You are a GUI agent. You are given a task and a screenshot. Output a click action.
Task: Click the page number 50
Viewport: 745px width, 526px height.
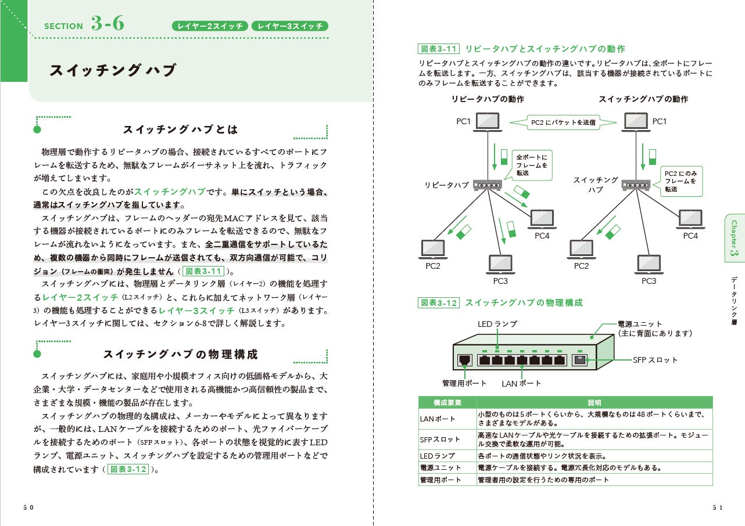click(x=28, y=507)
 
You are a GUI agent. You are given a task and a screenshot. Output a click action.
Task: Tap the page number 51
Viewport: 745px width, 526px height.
click(x=718, y=507)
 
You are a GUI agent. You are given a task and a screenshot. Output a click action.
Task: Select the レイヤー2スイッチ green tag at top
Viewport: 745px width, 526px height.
click(x=210, y=26)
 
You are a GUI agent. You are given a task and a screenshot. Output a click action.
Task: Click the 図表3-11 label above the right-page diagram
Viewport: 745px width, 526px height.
click(x=439, y=49)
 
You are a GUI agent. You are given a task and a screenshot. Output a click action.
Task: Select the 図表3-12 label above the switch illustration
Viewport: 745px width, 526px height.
click(x=439, y=302)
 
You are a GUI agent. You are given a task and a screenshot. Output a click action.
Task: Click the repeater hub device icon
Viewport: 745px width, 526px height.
click(x=487, y=185)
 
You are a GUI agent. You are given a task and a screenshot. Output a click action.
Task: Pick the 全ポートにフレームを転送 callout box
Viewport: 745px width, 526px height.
click(x=532, y=165)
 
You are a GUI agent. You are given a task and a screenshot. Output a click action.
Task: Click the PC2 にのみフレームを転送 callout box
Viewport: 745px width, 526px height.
click(x=680, y=181)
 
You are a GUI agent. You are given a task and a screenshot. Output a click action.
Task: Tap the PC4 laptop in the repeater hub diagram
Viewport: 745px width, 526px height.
click(x=542, y=219)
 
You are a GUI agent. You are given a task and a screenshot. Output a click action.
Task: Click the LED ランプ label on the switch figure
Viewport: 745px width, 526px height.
click(x=497, y=324)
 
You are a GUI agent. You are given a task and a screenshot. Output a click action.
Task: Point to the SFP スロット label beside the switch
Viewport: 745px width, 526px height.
click(x=656, y=360)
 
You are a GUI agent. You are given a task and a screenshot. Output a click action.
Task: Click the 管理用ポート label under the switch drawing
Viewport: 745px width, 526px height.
click(x=464, y=383)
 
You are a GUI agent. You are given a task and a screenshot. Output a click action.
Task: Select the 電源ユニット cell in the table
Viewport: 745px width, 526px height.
click(x=440, y=467)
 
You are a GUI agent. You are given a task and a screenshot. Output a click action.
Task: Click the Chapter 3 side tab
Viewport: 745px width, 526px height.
click(x=735, y=238)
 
